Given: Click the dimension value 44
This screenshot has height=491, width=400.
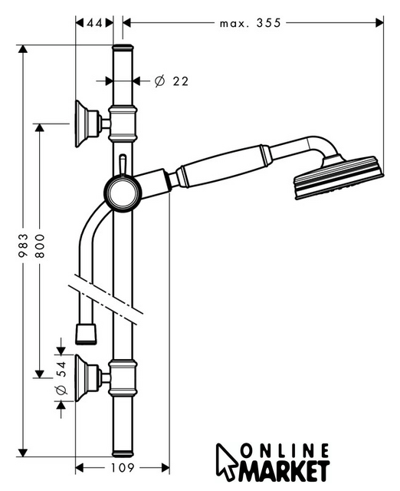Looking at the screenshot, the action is (x=94, y=23).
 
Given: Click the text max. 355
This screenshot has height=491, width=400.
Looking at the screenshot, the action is (x=251, y=23).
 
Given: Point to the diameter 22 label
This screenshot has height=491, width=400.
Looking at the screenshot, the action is (x=172, y=81).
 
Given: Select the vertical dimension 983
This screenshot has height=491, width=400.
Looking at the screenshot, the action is (x=23, y=245).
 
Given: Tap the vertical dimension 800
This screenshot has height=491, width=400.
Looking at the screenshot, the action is (x=40, y=245).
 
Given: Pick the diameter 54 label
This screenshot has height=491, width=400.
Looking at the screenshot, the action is (x=61, y=378).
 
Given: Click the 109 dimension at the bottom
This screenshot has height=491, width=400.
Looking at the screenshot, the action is (x=123, y=468).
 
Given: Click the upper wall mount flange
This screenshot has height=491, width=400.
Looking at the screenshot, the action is (x=87, y=124).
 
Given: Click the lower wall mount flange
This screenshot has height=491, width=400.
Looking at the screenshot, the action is (x=87, y=378).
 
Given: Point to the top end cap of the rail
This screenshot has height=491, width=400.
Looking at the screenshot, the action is (x=123, y=48).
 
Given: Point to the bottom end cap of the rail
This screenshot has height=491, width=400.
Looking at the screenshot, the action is (x=123, y=453).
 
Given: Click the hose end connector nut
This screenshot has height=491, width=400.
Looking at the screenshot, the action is (x=86, y=334).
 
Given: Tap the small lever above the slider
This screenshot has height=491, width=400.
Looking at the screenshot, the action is (x=123, y=165).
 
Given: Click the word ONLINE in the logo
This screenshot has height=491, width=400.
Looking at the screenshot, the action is (x=286, y=452).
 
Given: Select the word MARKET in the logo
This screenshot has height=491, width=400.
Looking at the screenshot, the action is (x=284, y=470).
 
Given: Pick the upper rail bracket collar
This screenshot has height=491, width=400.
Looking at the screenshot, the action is (x=123, y=124).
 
